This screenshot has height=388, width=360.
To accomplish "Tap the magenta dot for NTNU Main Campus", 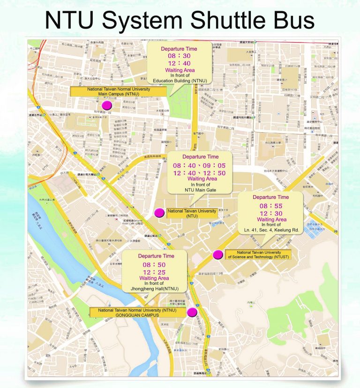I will (x=107, y=105).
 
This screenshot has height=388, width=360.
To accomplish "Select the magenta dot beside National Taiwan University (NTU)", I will (x=159, y=213).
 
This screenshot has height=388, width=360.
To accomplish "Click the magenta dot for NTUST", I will (x=218, y=255).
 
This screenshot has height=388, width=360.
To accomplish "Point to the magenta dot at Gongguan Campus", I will (x=192, y=312).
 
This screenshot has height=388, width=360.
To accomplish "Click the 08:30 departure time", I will (x=179, y=56).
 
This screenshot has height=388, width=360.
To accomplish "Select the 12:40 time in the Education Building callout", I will (x=179, y=64).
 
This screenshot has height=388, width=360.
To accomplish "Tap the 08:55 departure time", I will (x=271, y=205).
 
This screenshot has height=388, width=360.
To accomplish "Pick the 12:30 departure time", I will (x=271, y=213).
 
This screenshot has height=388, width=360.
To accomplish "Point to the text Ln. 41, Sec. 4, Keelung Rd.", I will (x=271, y=230).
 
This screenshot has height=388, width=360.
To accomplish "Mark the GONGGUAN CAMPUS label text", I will (x=135, y=315).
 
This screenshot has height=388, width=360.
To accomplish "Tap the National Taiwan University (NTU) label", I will (x=192, y=213).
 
